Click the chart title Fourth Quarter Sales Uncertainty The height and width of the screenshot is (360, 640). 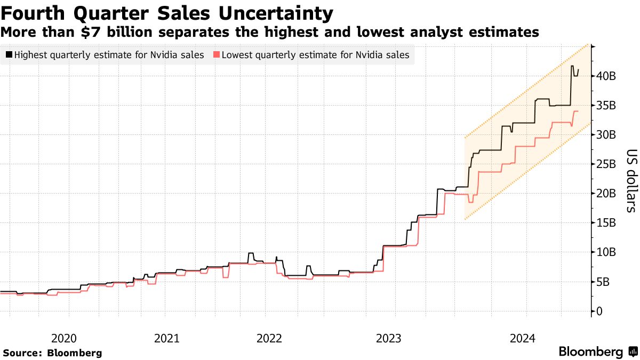[x=167, y=13]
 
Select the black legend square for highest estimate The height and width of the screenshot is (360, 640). [x=10, y=54]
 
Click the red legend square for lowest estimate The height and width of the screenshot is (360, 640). [x=216, y=54]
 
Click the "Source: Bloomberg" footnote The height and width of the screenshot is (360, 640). [x=52, y=353]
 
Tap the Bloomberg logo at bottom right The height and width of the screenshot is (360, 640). [x=597, y=351]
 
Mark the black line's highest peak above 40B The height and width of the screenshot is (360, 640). [x=572, y=66]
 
